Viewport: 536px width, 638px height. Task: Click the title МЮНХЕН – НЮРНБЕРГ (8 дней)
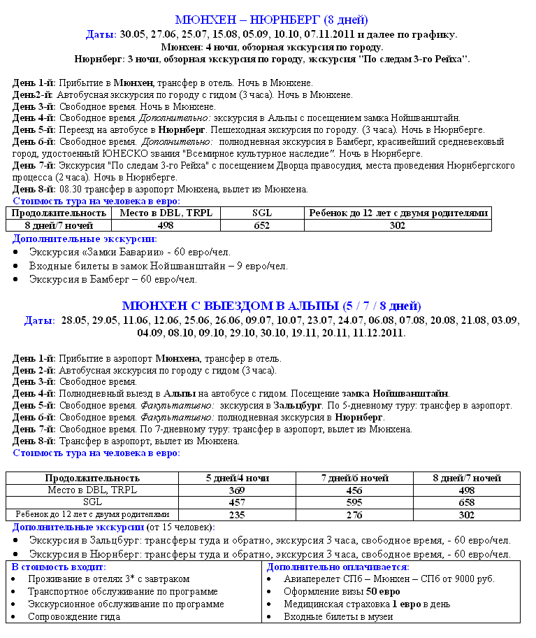tap(271, 20)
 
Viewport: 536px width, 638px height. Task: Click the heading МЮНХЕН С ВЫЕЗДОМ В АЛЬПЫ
tap(271, 306)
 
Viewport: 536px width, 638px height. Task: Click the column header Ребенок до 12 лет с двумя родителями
tap(397, 213)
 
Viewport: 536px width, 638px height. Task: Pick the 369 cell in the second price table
tap(238, 490)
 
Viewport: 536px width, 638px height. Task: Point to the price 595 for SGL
tap(355, 502)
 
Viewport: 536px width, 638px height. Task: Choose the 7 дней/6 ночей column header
tap(355, 478)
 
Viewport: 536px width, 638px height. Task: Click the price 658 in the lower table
tap(466, 502)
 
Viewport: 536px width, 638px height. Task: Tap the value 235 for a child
tap(238, 514)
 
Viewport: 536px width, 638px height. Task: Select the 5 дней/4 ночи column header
tap(238, 478)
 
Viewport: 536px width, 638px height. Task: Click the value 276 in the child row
tap(355, 514)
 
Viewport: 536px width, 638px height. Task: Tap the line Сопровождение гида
tap(74, 617)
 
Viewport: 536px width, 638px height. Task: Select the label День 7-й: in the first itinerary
tap(34, 165)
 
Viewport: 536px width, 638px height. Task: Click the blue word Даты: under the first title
tap(101, 34)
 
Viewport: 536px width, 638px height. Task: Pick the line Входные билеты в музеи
tap(338, 617)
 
